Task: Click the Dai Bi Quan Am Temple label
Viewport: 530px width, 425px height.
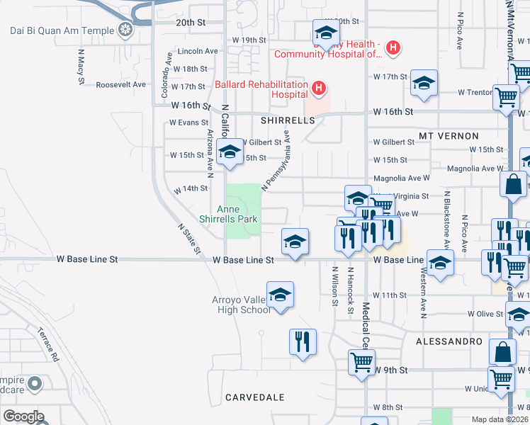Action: [62, 30]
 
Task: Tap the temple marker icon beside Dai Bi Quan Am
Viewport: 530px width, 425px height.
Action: [126, 30]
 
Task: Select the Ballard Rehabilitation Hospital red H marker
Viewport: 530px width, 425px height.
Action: [319, 89]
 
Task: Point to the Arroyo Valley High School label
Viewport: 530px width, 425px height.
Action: [241, 305]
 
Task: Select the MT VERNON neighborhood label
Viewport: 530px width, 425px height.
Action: [449, 135]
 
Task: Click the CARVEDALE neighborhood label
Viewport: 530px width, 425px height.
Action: [254, 397]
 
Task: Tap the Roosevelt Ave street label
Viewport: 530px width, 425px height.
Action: [120, 84]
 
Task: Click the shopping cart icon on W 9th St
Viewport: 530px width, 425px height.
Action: [362, 363]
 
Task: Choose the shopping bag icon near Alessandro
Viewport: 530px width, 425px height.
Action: [502, 351]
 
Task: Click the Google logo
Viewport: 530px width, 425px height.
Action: [23, 416]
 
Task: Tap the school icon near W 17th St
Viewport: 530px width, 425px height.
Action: [424, 83]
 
